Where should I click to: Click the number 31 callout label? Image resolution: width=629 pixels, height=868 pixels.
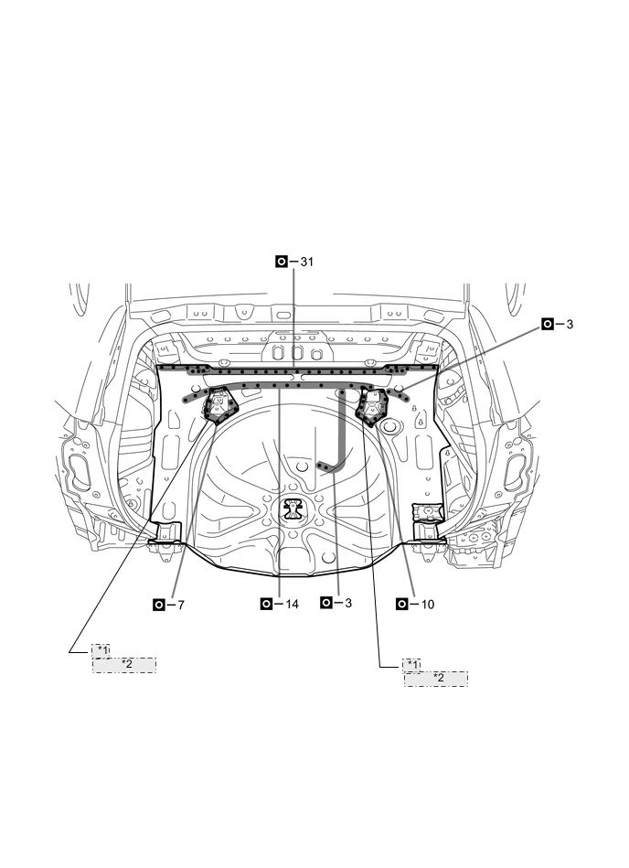tap(306, 262)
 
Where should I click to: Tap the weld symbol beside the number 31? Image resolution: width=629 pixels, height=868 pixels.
tap(282, 262)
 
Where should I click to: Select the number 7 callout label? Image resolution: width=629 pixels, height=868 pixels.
tap(180, 605)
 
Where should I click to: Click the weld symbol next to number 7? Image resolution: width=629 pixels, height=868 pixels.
tap(159, 605)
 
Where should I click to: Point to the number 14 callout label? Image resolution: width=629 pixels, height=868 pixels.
tap(292, 604)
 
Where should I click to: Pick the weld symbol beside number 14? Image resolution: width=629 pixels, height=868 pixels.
tap(267, 604)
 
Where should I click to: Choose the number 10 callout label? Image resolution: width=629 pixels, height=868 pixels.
tap(428, 605)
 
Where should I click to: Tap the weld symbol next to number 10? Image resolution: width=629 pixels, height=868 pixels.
tap(403, 605)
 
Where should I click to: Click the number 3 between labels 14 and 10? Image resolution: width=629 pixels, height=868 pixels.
tap(348, 603)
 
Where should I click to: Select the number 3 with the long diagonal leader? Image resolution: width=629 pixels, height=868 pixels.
tap(570, 325)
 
